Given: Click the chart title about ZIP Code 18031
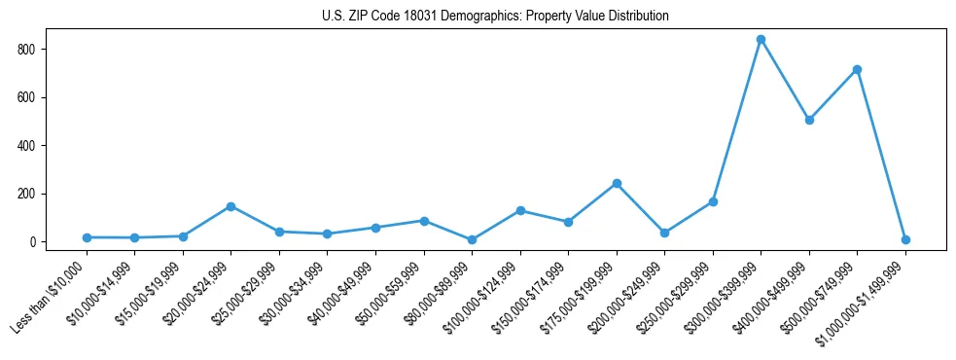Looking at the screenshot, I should [495, 16].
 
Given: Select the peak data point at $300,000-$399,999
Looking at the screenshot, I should [761, 40].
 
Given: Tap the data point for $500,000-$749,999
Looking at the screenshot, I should [857, 69].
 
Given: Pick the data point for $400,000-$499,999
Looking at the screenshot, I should [809, 120].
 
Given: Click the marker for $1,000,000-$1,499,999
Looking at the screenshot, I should [905, 239].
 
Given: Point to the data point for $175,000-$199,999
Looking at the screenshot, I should [617, 183].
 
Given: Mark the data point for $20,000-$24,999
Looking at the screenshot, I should [230, 206].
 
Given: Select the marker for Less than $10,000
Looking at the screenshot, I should [87, 237].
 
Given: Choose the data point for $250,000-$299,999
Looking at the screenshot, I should [713, 201].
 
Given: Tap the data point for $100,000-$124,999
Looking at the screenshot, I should [520, 210].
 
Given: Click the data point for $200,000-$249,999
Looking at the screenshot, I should [664, 233].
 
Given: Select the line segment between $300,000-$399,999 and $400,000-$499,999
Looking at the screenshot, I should [785, 80].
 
